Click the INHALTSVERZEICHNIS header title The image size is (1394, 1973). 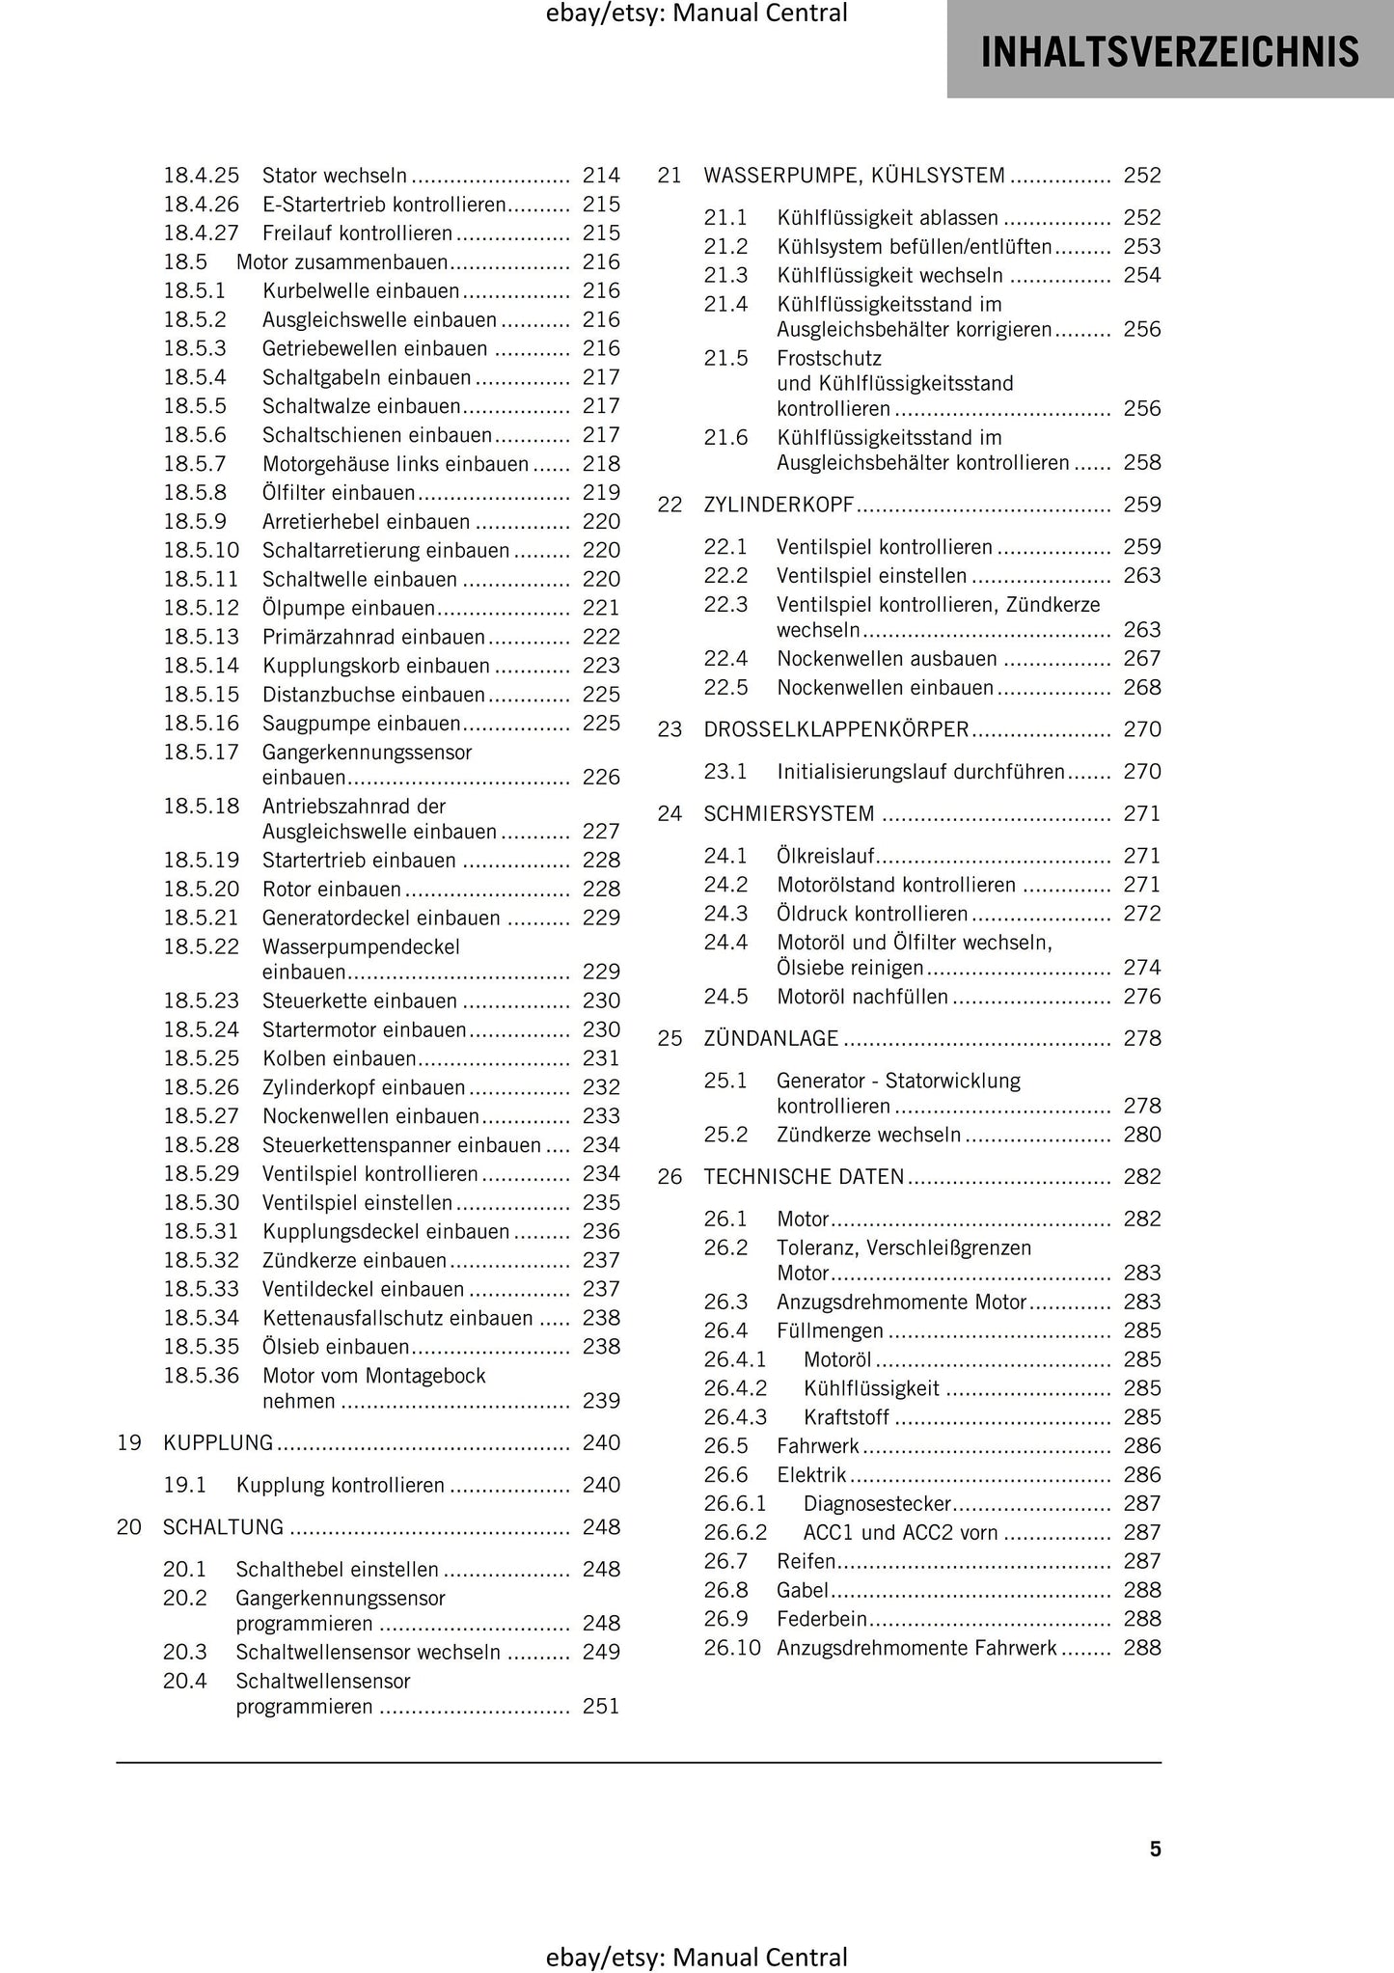1170,51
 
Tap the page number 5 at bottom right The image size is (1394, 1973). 1155,1849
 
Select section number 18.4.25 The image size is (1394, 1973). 201,176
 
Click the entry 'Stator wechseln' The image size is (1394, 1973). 335,176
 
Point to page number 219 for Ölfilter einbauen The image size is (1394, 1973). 601,493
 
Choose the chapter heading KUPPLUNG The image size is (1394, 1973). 219,1443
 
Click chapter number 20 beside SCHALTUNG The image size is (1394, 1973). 128,1527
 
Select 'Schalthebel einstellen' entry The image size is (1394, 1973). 337,1570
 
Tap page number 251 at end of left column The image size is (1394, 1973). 601,1707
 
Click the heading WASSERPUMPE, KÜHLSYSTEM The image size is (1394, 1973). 854,176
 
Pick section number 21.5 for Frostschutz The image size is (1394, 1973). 725,359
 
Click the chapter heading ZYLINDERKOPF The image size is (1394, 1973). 779,505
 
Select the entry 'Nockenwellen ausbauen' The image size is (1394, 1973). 887,659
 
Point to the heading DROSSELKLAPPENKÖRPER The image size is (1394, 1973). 835,730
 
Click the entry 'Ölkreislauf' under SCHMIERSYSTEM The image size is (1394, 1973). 826,856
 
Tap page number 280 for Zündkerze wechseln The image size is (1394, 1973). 1142,1136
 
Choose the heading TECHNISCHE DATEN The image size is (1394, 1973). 804,1177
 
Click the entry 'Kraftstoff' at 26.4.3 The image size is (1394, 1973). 846,1417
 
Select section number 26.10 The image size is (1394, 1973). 732,1648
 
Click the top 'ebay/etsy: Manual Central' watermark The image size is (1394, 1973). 697,14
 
